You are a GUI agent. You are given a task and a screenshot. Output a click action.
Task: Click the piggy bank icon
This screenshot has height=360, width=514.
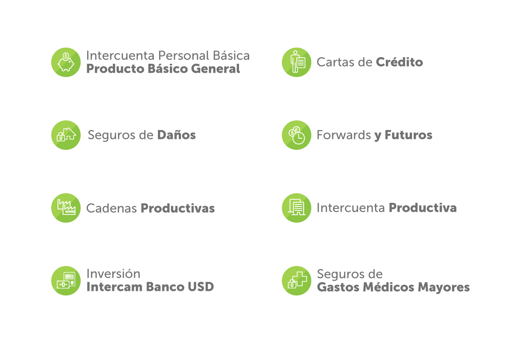pyautogui.click(x=66, y=62)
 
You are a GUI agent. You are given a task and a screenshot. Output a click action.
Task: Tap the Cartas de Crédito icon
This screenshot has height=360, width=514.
pyautogui.click(x=296, y=62)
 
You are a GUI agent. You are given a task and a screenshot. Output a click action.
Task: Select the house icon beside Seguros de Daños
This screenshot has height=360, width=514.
pyautogui.click(x=66, y=135)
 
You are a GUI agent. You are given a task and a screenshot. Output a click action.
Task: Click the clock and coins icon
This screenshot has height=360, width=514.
pyautogui.click(x=296, y=135)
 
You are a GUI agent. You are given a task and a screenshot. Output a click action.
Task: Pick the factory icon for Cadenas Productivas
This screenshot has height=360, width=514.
pyautogui.click(x=66, y=208)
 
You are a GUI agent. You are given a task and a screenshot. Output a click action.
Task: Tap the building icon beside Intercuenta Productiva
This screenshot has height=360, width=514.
pyautogui.click(x=296, y=208)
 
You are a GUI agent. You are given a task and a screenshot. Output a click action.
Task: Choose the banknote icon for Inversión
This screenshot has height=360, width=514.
pyautogui.click(x=66, y=281)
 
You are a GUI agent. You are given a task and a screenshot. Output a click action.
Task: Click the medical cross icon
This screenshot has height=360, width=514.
pyautogui.click(x=296, y=281)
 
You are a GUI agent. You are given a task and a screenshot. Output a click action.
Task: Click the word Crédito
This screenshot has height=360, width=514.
pyautogui.click(x=399, y=62)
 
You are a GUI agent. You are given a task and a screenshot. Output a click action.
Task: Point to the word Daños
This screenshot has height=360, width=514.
pyautogui.click(x=176, y=135)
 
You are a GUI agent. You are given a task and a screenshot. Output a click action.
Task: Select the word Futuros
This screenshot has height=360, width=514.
pyautogui.click(x=408, y=135)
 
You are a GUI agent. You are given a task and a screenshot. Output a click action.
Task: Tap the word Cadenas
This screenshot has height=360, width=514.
pyautogui.click(x=111, y=208)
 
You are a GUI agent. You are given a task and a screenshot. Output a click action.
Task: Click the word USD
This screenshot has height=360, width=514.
pyautogui.click(x=201, y=287)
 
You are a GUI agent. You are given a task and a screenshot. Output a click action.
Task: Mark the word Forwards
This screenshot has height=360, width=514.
pyautogui.click(x=344, y=135)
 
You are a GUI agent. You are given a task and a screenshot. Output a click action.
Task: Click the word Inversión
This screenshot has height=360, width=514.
pyautogui.click(x=113, y=274)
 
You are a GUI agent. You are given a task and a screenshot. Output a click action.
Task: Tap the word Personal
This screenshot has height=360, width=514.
pyautogui.click(x=183, y=56)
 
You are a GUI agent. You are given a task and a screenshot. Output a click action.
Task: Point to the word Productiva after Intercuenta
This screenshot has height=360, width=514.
pyautogui.click(x=423, y=208)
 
